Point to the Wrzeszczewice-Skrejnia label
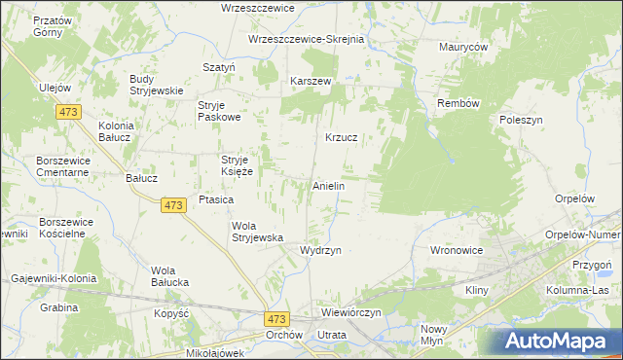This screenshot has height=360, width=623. [306, 39]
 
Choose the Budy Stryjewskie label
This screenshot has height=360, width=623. [157, 85]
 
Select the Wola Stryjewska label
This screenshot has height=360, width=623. [256, 232]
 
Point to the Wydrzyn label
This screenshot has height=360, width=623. [320, 250]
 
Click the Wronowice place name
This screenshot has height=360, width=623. [457, 250]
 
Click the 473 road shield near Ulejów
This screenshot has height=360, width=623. [68, 113]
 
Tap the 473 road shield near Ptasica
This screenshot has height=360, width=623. [173, 205]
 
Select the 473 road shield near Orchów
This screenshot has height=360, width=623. [276, 318]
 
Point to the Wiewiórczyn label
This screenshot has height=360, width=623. [355, 313]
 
